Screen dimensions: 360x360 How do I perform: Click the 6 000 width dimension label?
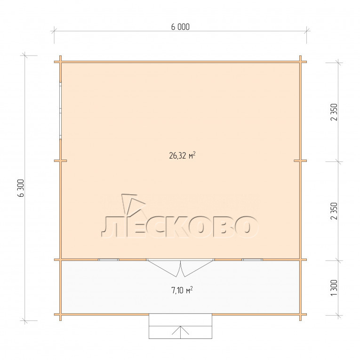coord(180,27)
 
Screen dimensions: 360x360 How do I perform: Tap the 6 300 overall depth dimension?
coord(21,188)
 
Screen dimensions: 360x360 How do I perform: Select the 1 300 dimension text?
coord(335,288)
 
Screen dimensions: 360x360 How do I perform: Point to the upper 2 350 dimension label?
coord(335,112)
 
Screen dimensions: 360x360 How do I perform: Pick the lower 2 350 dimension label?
coord(335,211)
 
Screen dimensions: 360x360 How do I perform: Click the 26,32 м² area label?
coord(182,156)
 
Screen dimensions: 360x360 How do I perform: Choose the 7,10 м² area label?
coord(182,290)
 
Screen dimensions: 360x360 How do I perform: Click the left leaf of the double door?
coord(164,268)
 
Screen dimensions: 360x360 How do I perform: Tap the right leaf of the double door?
coord(198,268)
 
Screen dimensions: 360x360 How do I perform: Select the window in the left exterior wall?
coord(60,111)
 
